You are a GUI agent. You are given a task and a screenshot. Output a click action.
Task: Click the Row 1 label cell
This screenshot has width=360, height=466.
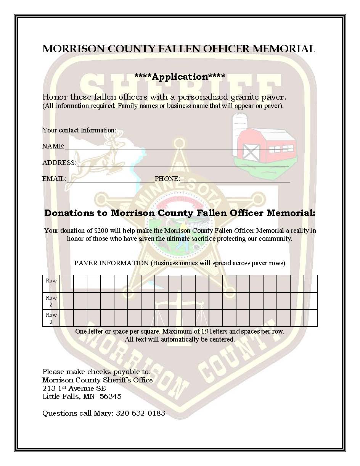51,284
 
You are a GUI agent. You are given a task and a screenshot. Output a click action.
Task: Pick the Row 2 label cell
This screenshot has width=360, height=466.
51,301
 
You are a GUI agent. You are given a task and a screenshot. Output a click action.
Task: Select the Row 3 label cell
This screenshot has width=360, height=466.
51,318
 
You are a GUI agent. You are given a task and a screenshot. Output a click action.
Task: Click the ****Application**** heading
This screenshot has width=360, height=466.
180,77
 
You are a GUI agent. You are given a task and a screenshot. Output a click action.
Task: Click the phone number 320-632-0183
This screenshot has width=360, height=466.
141,413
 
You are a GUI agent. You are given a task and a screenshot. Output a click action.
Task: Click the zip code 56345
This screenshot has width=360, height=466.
111,397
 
